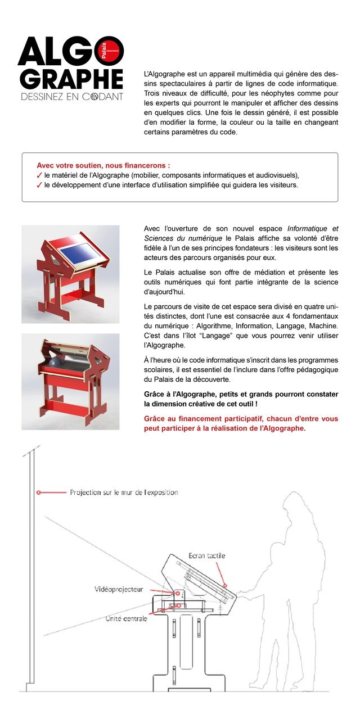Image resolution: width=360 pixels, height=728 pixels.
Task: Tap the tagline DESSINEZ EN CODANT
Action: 71,97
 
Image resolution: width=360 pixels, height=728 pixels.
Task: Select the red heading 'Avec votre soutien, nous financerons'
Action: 103,166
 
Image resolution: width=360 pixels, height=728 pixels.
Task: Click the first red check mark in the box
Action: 39,175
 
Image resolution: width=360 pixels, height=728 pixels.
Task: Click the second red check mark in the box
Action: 39,184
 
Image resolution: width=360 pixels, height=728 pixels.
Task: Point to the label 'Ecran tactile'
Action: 206,555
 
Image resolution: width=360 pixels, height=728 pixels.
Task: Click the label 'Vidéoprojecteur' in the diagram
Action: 118,589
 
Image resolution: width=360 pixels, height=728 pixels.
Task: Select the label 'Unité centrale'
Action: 127,618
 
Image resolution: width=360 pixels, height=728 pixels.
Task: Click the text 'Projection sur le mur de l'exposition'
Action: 124,492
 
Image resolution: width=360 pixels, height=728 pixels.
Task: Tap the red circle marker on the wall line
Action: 38,492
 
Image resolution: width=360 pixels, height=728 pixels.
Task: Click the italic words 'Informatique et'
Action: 313,229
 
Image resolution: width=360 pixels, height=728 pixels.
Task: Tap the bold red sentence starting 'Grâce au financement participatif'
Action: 241,423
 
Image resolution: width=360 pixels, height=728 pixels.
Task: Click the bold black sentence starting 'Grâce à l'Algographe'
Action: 241,399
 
